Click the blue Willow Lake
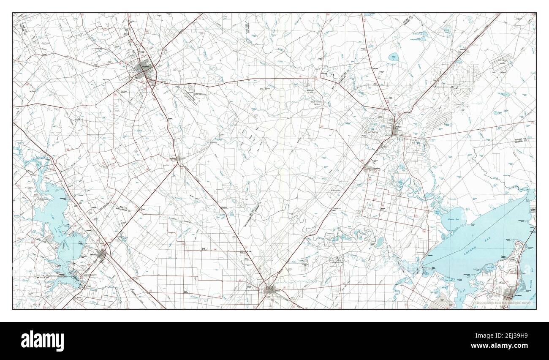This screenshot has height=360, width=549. click(394, 56)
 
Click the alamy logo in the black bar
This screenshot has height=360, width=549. click(43, 341)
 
